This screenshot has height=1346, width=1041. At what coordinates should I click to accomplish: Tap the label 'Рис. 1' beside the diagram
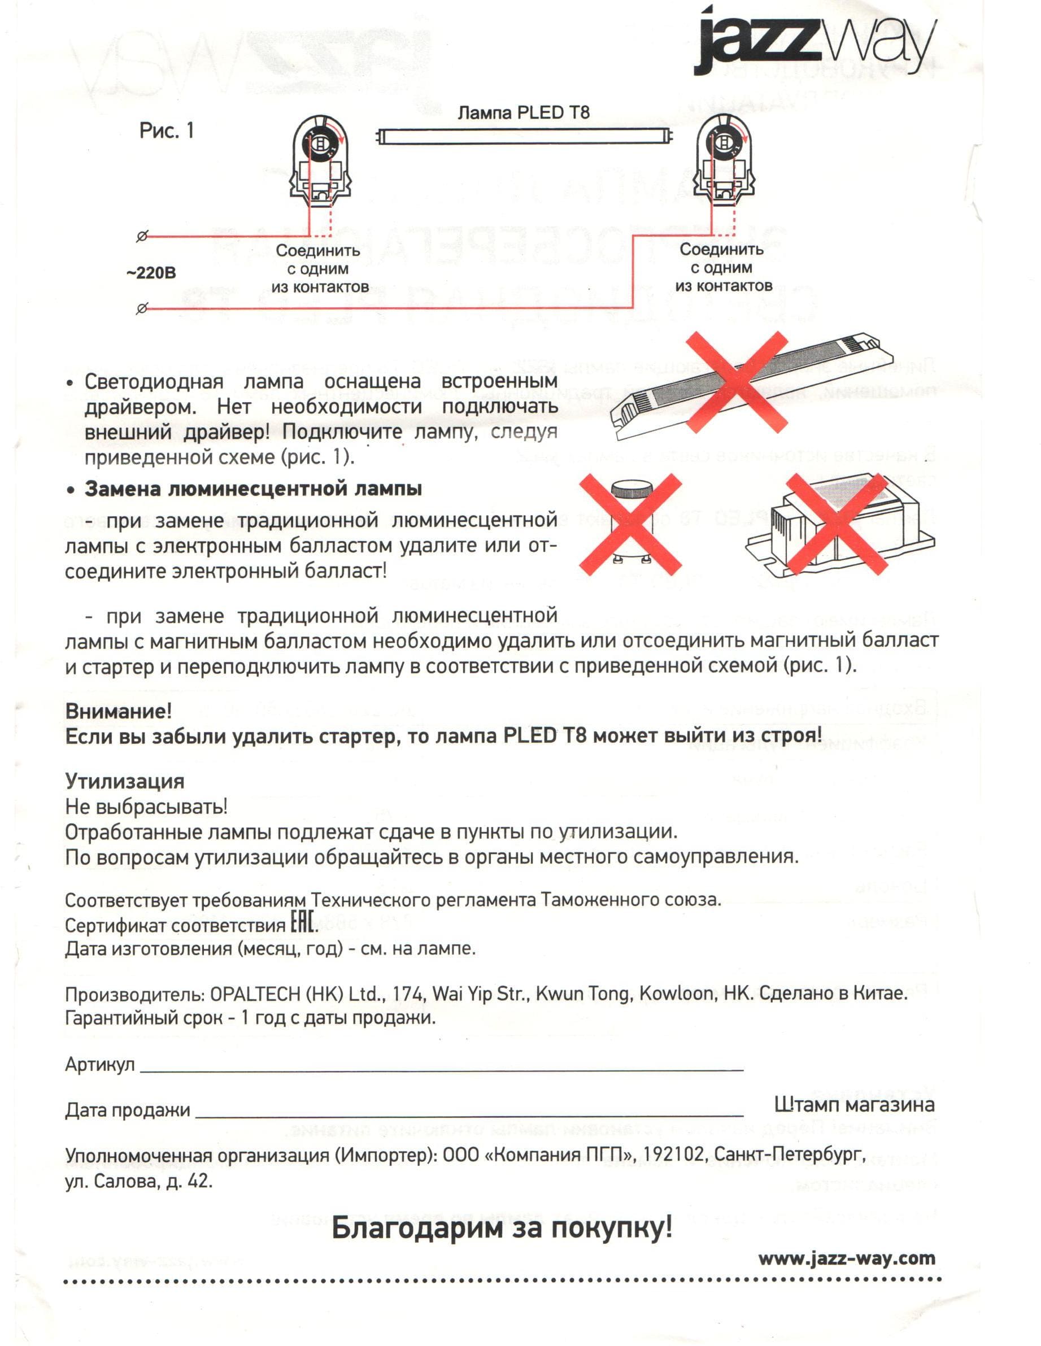click(167, 130)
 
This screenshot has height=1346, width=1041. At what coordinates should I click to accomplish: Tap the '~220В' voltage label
click(151, 272)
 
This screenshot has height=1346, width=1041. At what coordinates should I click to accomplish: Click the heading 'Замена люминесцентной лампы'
click(252, 489)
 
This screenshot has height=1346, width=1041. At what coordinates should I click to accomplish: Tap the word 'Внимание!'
click(119, 711)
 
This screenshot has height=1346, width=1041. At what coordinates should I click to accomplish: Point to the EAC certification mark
click(302, 922)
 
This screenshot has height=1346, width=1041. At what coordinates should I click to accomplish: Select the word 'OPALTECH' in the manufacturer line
click(255, 994)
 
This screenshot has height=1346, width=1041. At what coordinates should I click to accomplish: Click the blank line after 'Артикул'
click(441, 1068)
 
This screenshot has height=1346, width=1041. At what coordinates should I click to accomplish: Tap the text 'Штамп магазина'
click(853, 1104)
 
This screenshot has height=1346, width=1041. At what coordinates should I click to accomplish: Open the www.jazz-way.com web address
click(846, 1257)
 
